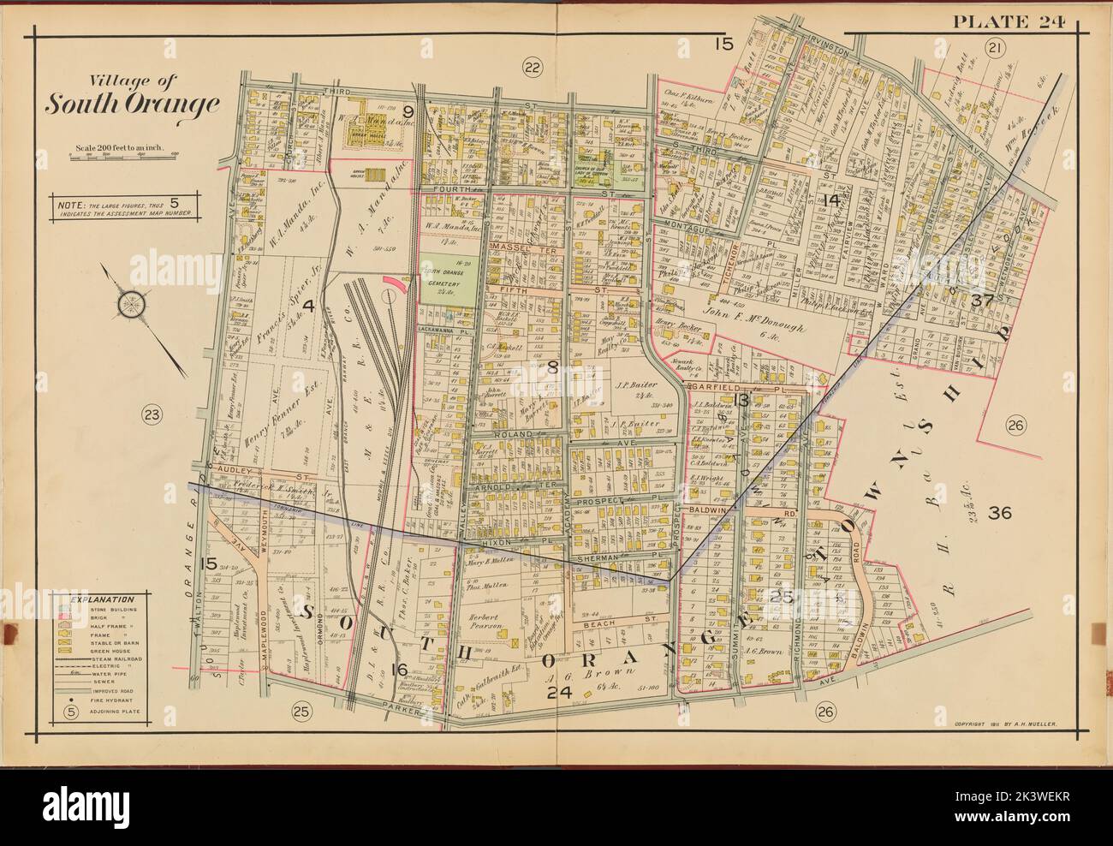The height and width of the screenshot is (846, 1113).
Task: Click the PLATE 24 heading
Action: tap(1007, 22)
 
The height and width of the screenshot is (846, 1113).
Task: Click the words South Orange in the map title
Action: tap(131, 104)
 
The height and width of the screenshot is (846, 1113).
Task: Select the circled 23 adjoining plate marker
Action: tap(151, 415)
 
